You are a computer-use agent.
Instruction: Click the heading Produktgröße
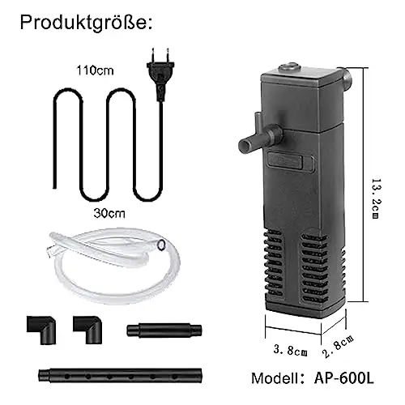(x=86, y=23)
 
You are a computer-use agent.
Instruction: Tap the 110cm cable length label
(x=95, y=70)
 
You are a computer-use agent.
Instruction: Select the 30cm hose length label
(x=109, y=213)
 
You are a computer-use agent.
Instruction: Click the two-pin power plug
(x=160, y=75)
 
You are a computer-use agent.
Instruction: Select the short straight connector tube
(x=164, y=330)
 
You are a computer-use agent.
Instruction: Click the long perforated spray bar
(x=120, y=376)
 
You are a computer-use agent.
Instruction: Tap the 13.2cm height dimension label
(x=376, y=198)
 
